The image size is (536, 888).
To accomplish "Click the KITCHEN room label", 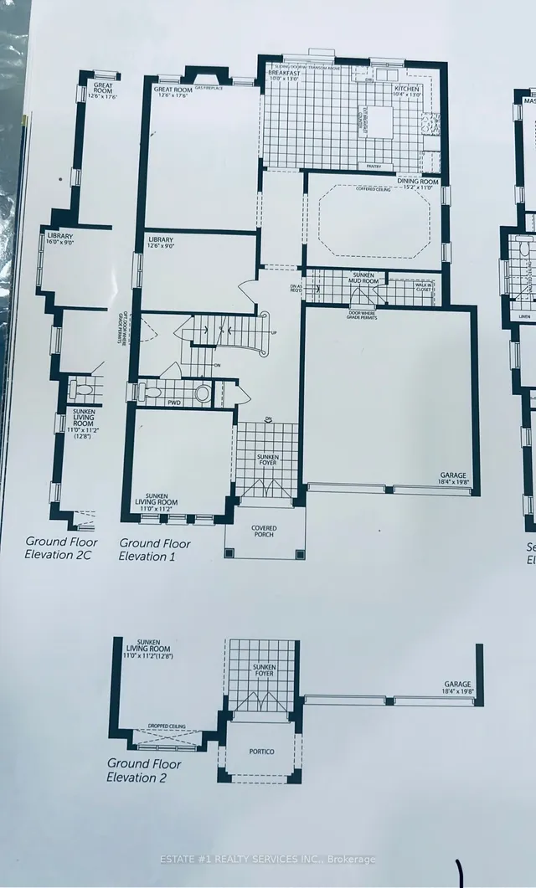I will click(x=406, y=88).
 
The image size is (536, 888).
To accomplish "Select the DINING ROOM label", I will click(x=417, y=182).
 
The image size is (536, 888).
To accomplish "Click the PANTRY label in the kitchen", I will click(x=374, y=167).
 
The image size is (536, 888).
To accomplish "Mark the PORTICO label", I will click(x=260, y=752).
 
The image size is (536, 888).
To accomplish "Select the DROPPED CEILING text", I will click(x=168, y=726).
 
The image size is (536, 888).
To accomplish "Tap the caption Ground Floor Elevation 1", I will click(x=154, y=549).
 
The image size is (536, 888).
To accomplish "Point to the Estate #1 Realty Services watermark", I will click(x=268, y=860).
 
